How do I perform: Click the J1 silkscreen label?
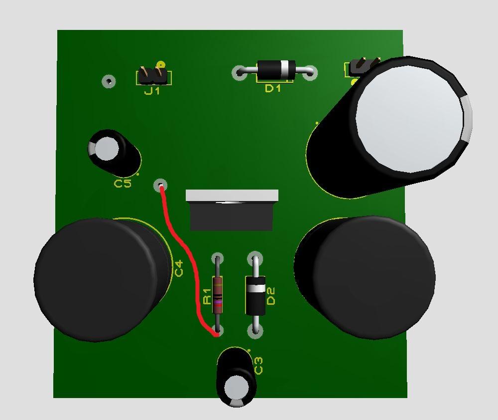pyautogui.click(x=152, y=91)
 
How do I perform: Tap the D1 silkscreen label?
pyautogui.click(x=273, y=88)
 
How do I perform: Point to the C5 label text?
pyautogui.click(x=123, y=184)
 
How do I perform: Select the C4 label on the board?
pyautogui.click(x=179, y=268)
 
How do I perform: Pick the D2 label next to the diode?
pyautogui.click(x=270, y=296)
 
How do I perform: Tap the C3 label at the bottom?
pyautogui.click(x=258, y=366)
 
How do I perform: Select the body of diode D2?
pyautogui.click(x=255, y=295)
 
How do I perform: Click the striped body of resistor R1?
pyautogui.click(x=218, y=295)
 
